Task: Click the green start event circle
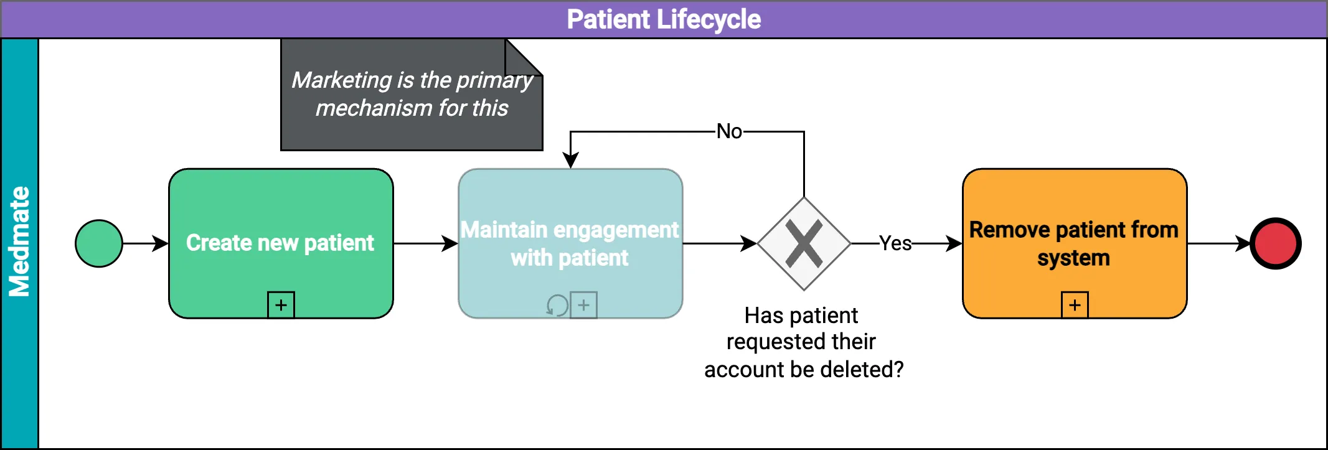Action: (x=99, y=243)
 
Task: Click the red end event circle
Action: (x=1276, y=243)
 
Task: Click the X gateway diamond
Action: (x=804, y=243)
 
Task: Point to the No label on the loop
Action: (x=729, y=131)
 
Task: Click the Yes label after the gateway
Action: (x=895, y=243)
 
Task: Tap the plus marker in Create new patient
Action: (x=281, y=305)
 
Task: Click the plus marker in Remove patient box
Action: (x=1075, y=305)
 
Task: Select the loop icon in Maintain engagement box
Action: (x=557, y=305)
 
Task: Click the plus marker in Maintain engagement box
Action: (x=583, y=305)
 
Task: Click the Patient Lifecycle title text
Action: (x=664, y=19)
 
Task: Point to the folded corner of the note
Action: (x=524, y=57)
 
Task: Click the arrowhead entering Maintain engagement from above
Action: (x=570, y=161)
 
